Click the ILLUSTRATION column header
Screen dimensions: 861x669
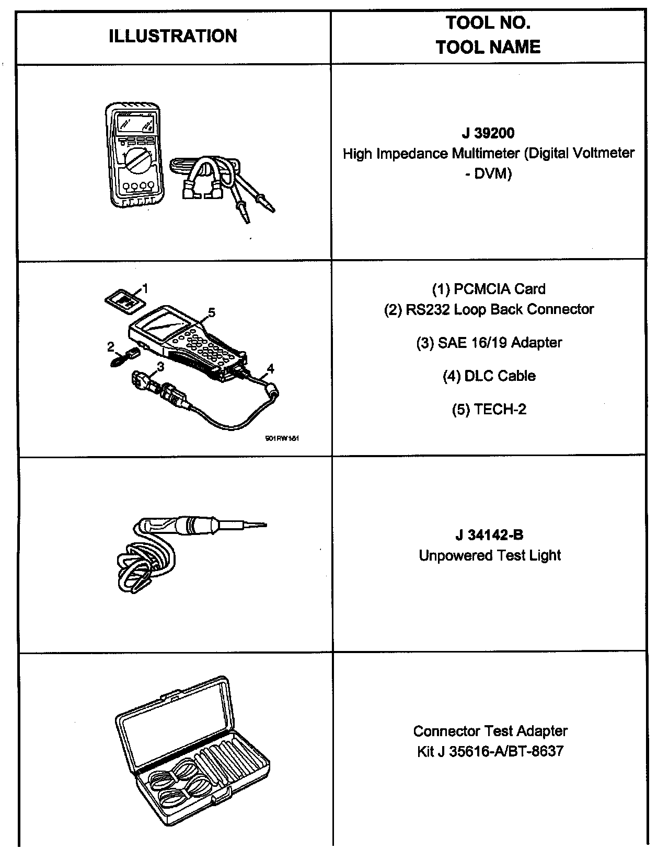[173, 36]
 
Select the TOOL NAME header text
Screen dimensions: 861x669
[488, 47]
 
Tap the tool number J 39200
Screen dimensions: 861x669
[488, 133]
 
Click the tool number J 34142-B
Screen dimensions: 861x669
[489, 534]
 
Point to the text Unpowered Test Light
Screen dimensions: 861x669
[490, 555]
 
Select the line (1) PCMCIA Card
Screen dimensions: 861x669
[488, 289]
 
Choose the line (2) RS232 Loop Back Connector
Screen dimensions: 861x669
[489, 309]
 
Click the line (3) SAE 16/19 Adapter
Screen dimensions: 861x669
[489, 343]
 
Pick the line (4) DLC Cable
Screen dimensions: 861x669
[489, 376]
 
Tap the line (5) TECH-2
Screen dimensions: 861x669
[489, 410]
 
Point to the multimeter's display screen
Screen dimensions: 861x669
[135, 124]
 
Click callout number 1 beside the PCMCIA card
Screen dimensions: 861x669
[145, 288]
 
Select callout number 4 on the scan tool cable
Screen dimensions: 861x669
[270, 369]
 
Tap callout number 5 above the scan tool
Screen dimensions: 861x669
[211, 312]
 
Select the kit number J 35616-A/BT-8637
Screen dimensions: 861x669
[490, 751]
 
